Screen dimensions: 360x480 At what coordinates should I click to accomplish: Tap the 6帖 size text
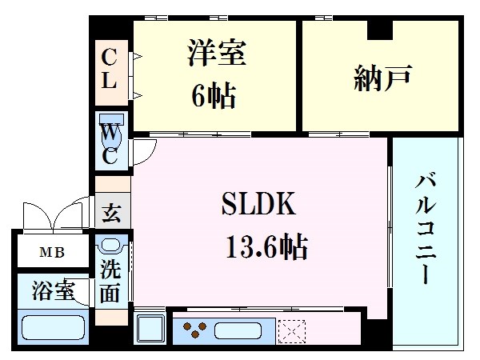click(x=212, y=95)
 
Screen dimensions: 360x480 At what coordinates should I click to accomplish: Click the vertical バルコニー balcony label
click(x=425, y=228)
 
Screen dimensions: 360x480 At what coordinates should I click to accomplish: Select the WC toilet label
click(x=110, y=142)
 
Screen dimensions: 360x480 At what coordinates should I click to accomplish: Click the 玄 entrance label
click(x=112, y=214)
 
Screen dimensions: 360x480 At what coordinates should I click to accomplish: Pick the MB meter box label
click(x=52, y=254)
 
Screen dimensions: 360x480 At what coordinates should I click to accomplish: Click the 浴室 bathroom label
click(x=54, y=290)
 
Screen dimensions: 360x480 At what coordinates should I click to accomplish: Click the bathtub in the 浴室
click(x=54, y=329)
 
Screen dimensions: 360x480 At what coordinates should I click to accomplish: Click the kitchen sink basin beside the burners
click(x=242, y=329)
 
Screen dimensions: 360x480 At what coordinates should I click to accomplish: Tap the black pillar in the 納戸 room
click(x=380, y=30)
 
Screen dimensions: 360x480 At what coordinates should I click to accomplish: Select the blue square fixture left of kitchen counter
click(x=150, y=329)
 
